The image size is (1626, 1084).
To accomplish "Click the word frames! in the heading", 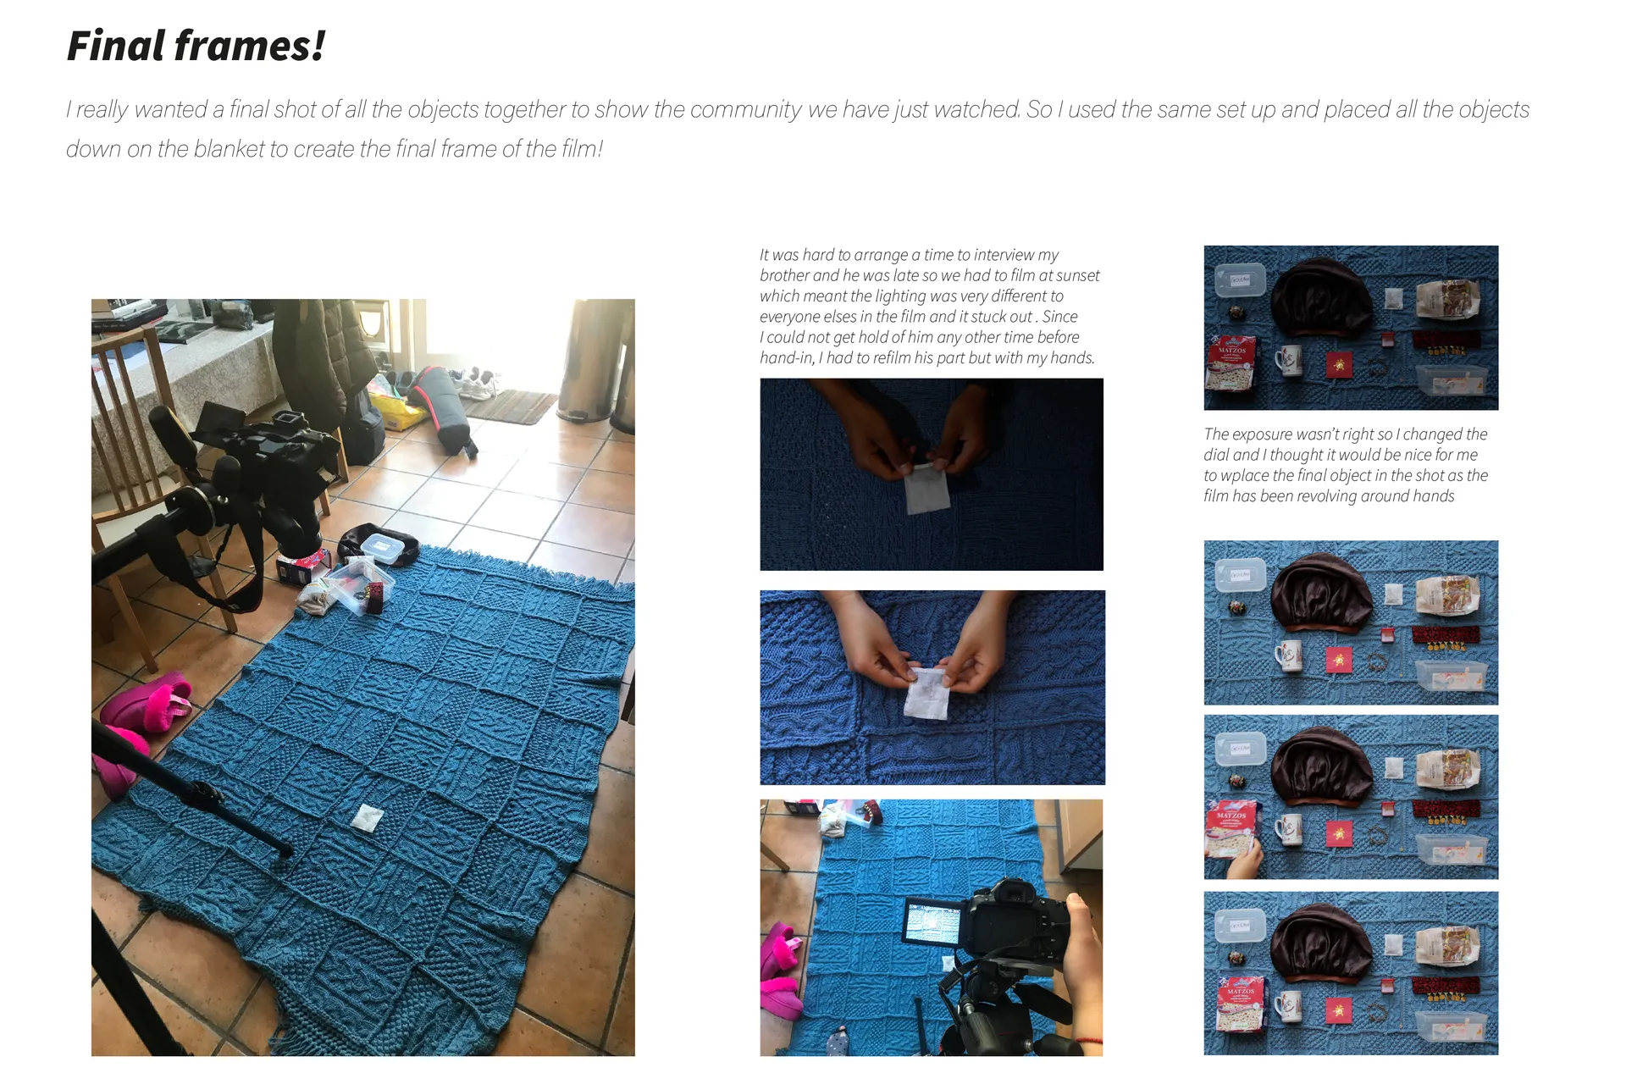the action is click(x=250, y=46).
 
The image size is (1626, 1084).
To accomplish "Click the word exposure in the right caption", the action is click(x=1261, y=434).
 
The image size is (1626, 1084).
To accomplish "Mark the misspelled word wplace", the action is click(x=1244, y=476).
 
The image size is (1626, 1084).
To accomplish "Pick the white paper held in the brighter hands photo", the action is click(x=928, y=692).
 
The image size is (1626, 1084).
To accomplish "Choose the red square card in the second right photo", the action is click(x=1339, y=660).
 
